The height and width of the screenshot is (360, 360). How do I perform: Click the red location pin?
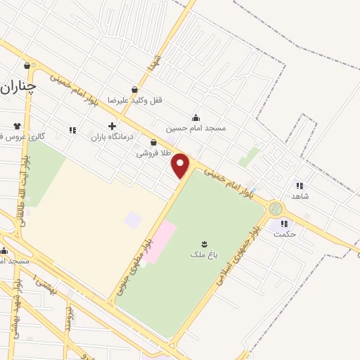tap(181, 165)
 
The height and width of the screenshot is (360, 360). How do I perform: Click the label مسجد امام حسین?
tap(196, 128)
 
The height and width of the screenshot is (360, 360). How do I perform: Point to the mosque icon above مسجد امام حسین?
tap(195, 117)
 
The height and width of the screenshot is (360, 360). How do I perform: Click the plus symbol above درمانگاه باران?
tap(112, 126)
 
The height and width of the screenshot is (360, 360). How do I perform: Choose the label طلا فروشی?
tap(153, 152)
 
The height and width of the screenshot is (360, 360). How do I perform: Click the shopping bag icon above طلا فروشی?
tap(153, 142)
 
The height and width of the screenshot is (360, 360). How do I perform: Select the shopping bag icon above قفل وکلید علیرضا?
tap(134, 90)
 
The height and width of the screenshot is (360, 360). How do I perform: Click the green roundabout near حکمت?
tap(276, 209)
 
